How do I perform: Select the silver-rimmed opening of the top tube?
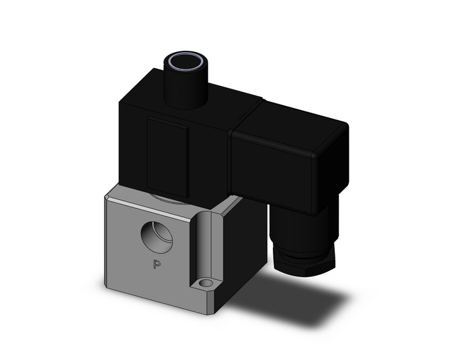tap(184, 61)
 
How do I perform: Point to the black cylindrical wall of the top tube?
tap(185, 89)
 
